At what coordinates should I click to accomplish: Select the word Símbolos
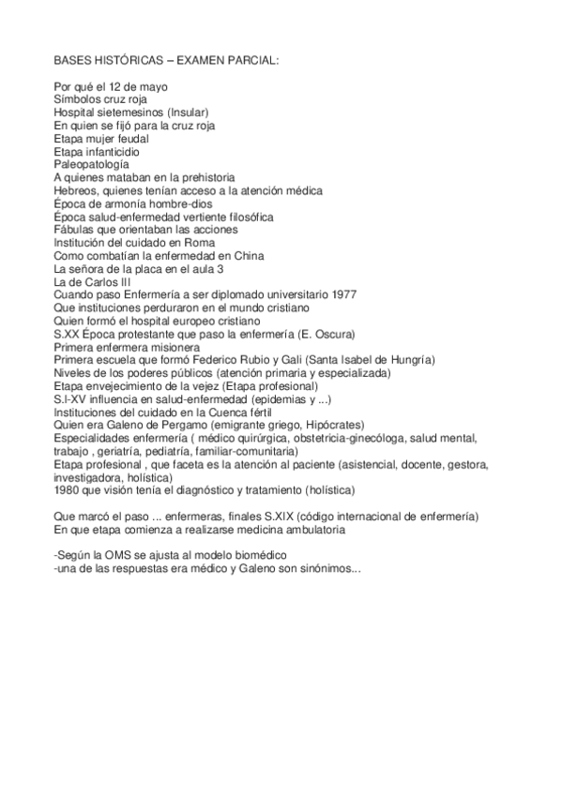pyautogui.click(x=78, y=100)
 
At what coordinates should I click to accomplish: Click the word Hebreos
pyautogui.click(x=77, y=191)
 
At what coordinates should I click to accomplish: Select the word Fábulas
pyautogui.click(x=76, y=230)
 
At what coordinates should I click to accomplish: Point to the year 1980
pyautogui.click(x=68, y=490)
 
